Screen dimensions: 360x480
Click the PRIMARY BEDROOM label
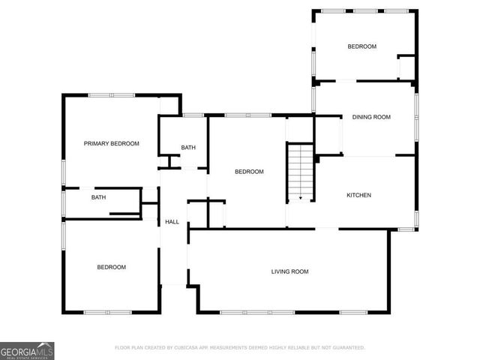coord(111,143)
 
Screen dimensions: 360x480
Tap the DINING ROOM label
coord(372,117)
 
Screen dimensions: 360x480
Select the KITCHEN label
coord(358,196)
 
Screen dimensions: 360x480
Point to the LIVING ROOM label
coord(289,271)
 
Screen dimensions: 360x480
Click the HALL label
coord(172,222)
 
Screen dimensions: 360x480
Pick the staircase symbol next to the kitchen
coord(300,172)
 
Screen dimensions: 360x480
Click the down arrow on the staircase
coord(300,198)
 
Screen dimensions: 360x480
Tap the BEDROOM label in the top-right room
coord(361,46)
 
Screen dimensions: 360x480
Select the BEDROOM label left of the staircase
coord(249,172)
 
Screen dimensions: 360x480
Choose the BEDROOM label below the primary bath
coord(111,267)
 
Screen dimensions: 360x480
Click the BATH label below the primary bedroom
coord(98,198)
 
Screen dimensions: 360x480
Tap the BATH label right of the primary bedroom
coord(188,148)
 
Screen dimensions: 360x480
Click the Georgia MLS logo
coord(27,350)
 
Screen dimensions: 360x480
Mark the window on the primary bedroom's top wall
coord(111,94)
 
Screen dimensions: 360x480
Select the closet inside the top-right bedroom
coord(406,66)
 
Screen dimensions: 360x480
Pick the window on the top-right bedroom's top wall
coord(365,10)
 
